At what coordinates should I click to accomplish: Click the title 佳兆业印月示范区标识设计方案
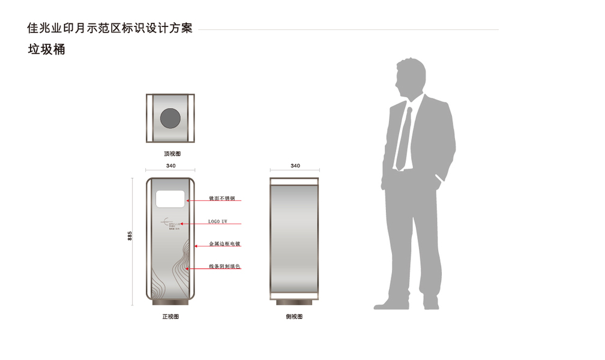pyautogui.click(x=110, y=28)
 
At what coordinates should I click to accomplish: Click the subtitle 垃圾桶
pyautogui.click(x=46, y=50)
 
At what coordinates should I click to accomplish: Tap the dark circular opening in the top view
pyautogui.click(x=170, y=118)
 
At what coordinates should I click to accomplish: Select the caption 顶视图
pyautogui.click(x=172, y=154)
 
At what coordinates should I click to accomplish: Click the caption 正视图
pyautogui.click(x=170, y=316)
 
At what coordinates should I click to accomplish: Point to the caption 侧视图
pyautogui.click(x=294, y=316)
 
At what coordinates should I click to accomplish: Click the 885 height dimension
pyautogui.click(x=130, y=236)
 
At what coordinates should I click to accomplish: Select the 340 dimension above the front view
pyautogui.click(x=170, y=166)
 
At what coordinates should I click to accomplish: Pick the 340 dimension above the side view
pyautogui.click(x=295, y=166)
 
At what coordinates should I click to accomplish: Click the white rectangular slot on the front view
pyautogui.click(x=170, y=199)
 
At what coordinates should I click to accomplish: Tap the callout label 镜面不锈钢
pyautogui.click(x=221, y=198)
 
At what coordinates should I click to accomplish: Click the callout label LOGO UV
pyautogui.click(x=218, y=221)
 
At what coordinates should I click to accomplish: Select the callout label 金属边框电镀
pyautogui.click(x=224, y=244)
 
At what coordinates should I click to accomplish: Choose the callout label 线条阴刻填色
pyautogui.click(x=224, y=266)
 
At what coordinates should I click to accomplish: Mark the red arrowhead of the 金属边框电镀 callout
pyautogui.click(x=196, y=246)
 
